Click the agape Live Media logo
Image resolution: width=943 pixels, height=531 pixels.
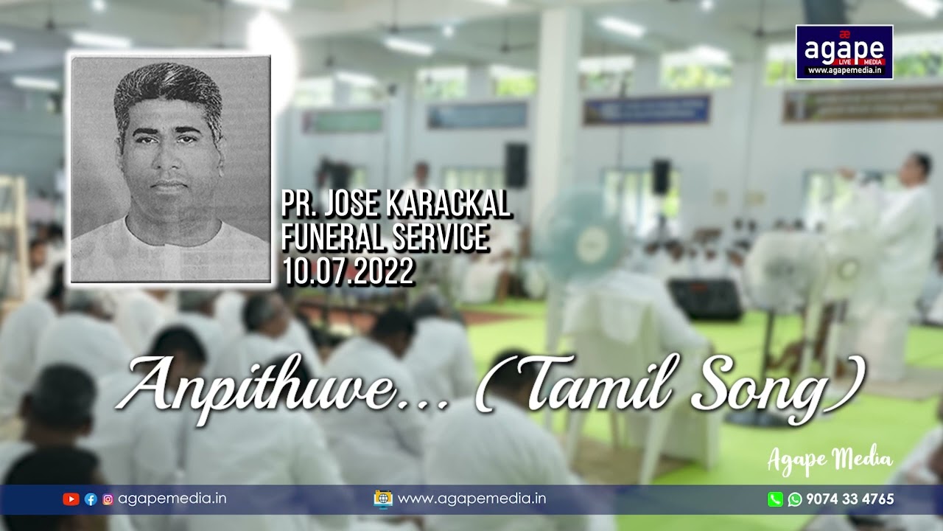pyautogui.click(x=844, y=52)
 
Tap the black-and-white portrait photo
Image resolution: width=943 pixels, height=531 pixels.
pyautogui.click(x=170, y=169)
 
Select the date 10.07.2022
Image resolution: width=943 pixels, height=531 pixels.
pyautogui.click(x=348, y=272)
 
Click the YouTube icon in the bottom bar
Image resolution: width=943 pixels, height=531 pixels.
pyautogui.click(x=71, y=499)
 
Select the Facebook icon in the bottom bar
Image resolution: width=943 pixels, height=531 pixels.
pyautogui.click(x=91, y=499)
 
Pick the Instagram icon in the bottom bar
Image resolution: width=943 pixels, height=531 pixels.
pyautogui.click(x=108, y=499)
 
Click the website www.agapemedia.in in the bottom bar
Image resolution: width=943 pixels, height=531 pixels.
pyautogui.click(x=471, y=499)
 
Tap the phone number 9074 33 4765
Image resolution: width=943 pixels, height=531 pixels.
pyautogui.click(x=850, y=499)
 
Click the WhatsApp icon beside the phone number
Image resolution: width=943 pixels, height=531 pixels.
pyautogui.click(x=795, y=499)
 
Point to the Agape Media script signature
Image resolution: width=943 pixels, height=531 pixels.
pyautogui.click(x=830, y=460)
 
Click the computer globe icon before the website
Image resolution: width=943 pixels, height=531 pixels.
pyautogui.click(x=383, y=499)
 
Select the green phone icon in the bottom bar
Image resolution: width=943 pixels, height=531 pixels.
pyautogui.click(x=775, y=499)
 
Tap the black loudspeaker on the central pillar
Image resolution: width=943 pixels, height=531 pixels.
pyautogui.click(x=516, y=165)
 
